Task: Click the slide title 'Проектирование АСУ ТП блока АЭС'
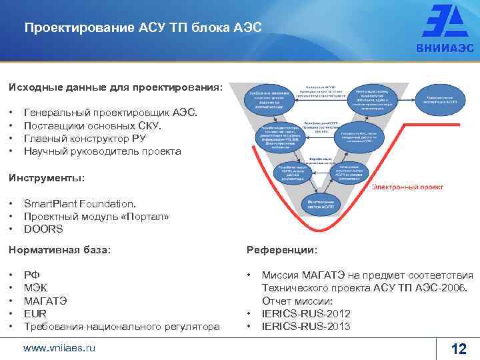click(143, 28)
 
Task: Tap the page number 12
click(459, 348)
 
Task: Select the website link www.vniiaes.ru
click(59, 347)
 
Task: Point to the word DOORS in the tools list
click(43, 229)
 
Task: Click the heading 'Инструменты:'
click(47, 178)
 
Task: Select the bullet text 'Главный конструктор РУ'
click(85, 139)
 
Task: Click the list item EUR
click(35, 313)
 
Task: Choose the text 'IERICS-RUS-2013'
click(306, 326)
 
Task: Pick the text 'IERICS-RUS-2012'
click(306, 313)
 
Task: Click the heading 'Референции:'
click(282, 249)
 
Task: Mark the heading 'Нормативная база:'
click(59, 249)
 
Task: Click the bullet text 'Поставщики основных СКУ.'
click(92, 126)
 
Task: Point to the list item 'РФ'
click(31, 274)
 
